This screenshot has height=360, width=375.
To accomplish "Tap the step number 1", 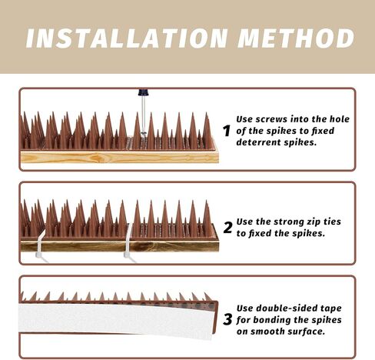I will [x=227, y=131].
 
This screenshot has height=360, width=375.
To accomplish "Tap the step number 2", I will [x=227, y=227].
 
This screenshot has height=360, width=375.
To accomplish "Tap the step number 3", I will [x=227, y=319].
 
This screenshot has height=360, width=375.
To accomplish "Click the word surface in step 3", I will [x=308, y=332].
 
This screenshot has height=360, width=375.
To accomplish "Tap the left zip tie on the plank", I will [x=36, y=245].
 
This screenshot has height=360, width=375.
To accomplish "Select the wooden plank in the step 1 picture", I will [x=115, y=156].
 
